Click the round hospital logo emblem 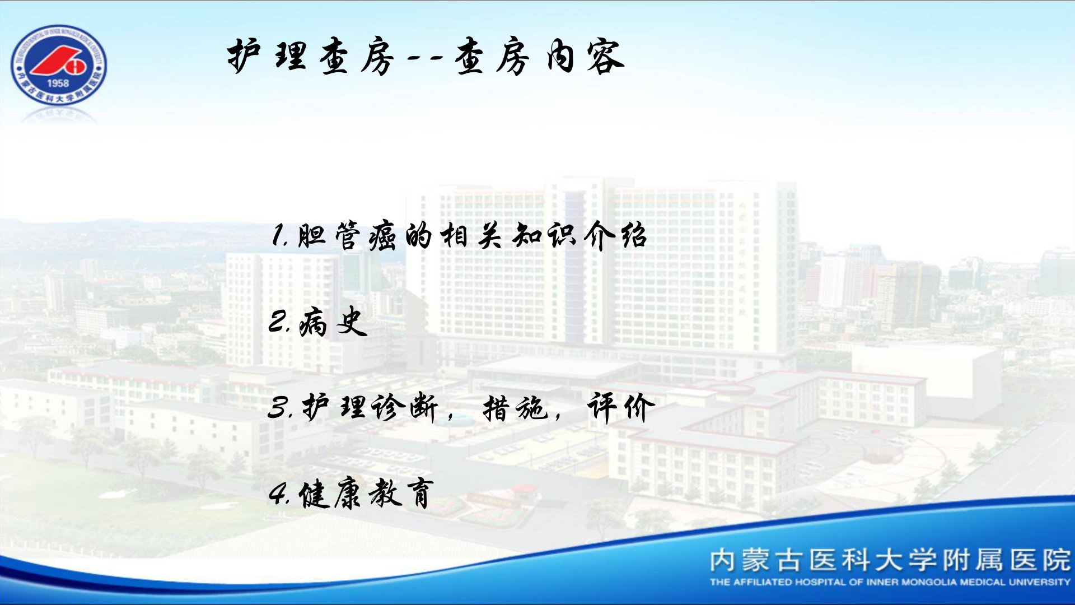point(58,65)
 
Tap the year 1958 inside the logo point(58,83)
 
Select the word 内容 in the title point(585,56)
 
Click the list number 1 point(278,236)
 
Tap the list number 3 point(279,407)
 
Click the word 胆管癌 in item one point(347,236)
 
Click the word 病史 point(333,322)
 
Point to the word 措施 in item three point(515,407)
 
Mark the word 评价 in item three point(621,407)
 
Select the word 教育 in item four point(401,494)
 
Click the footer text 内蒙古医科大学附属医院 point(890,560)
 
